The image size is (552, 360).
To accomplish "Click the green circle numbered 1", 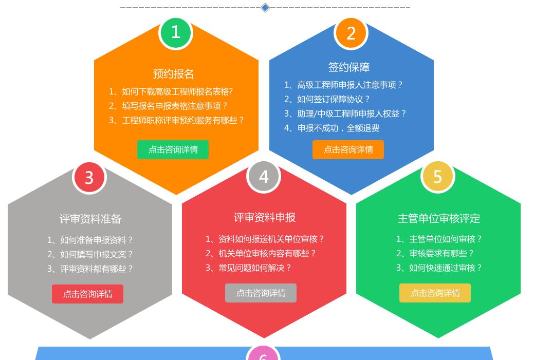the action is [176, 33].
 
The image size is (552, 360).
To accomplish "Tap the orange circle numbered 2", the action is [351, 33].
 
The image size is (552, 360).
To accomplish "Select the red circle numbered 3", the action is [89, 177].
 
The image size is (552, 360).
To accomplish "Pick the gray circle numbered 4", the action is [264, 176].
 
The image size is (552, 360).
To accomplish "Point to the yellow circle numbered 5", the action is [437, 176].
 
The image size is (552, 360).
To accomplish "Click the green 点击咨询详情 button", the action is [173, 149].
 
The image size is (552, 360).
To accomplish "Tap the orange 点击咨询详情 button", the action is [348, 149].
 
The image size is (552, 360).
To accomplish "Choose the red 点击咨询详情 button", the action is [88, 294].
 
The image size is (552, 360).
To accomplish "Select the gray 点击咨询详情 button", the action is [261, 293].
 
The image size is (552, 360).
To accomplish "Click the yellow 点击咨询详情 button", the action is [435, 293].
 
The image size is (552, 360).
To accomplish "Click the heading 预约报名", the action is [173, 74].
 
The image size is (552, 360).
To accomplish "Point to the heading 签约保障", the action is [349, 67].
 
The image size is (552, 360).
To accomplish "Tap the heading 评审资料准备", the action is [90, 219].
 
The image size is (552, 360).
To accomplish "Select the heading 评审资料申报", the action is [264, 217].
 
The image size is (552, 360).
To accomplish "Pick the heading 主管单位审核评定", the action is [438, 218].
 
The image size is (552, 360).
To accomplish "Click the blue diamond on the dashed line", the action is [265, 7].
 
